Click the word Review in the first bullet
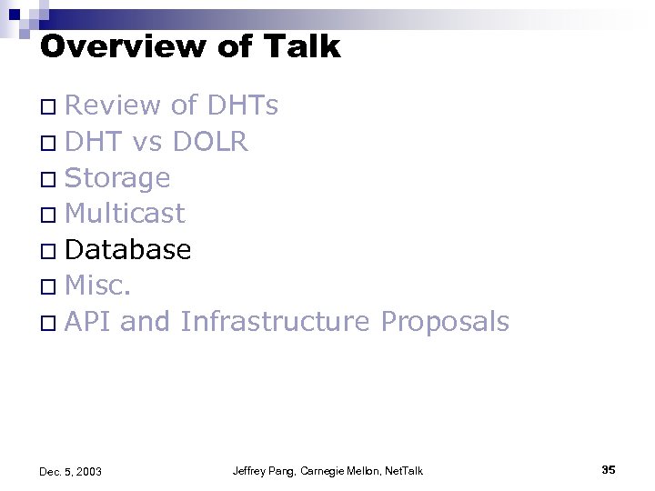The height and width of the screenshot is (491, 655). click(114, 106)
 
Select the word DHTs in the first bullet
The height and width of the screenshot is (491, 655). click(243, 106)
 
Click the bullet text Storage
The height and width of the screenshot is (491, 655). click(117, 178)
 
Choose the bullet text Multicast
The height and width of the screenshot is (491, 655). click(126, 214)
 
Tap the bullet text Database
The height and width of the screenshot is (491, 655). click(128, 249)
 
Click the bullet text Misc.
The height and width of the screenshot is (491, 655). click(99, 286)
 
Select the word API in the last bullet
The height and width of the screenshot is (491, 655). click(88, 321)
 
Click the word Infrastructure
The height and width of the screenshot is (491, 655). click(276, 321)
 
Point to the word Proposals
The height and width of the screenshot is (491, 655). click(445, 321)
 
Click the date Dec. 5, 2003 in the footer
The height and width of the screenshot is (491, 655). click(71, 471)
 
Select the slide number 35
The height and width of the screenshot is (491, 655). click(609, 469)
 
